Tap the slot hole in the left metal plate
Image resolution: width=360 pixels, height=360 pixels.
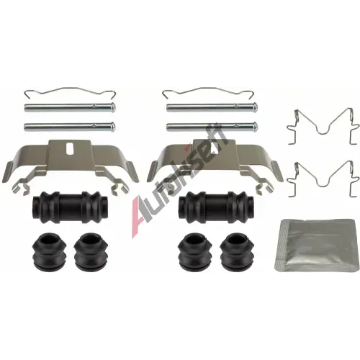coord(70,150)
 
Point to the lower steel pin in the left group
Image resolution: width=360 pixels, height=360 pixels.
coord(70,126)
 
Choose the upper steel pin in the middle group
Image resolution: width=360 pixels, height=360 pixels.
coord(212,107)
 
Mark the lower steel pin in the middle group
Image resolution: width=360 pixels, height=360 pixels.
coord(212,126)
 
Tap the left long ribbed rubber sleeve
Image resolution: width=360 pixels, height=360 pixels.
coord(70,207)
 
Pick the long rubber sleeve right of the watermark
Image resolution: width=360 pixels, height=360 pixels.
coord(216,207)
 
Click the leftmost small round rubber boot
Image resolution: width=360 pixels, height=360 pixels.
coord(49,251)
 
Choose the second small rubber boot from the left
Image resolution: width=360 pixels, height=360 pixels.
coord(91,251)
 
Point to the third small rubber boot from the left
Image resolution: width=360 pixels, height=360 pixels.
coord(196,251)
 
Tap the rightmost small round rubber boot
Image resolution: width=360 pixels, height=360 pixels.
coord(238,251)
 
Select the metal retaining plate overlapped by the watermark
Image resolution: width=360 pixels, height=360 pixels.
coord(215,167)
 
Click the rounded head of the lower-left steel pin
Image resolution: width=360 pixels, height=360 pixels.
coord(113,126)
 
